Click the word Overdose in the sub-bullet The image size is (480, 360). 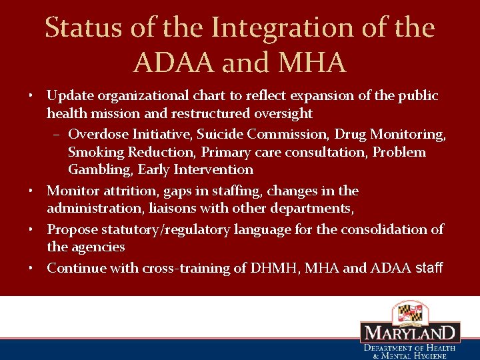(x=96, y=134)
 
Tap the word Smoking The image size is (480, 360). (x=93, y=152)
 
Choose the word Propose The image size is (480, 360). (x=73, y=229)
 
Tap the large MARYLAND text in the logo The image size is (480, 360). (x=410, y=333)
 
